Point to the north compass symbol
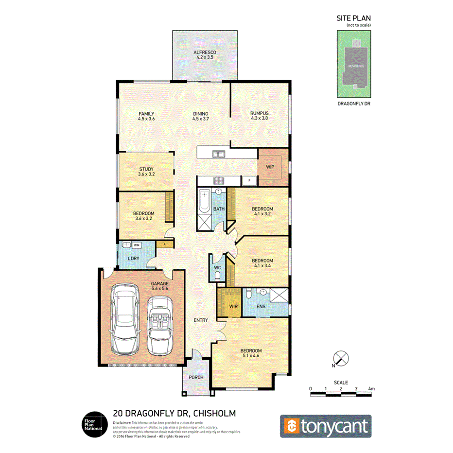point(342,359)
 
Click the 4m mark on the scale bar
point(372,389)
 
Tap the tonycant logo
point(326,426)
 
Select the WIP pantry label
point(270,167)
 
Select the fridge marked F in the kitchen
point(250,180)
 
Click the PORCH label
point(196,378)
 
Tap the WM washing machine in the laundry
point(137,245)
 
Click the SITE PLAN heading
point(353,18)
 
